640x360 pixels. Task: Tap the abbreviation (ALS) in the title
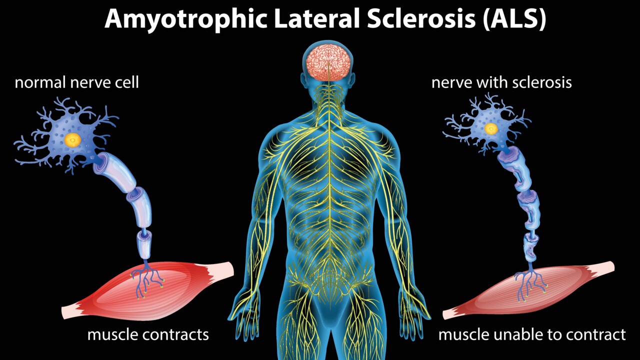coord(514,19)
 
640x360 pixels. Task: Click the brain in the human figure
coord(328,62)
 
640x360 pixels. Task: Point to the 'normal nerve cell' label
coord(76,82)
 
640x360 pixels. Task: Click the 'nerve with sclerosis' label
coord(501,82)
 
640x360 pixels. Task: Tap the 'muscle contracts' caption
coord(148,334)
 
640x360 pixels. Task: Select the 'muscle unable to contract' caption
coord(532,334)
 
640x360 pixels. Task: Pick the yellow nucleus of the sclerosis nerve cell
coord(491,129)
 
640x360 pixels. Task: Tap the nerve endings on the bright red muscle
coord(147,277)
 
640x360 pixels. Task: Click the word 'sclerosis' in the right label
coord(542,82)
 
